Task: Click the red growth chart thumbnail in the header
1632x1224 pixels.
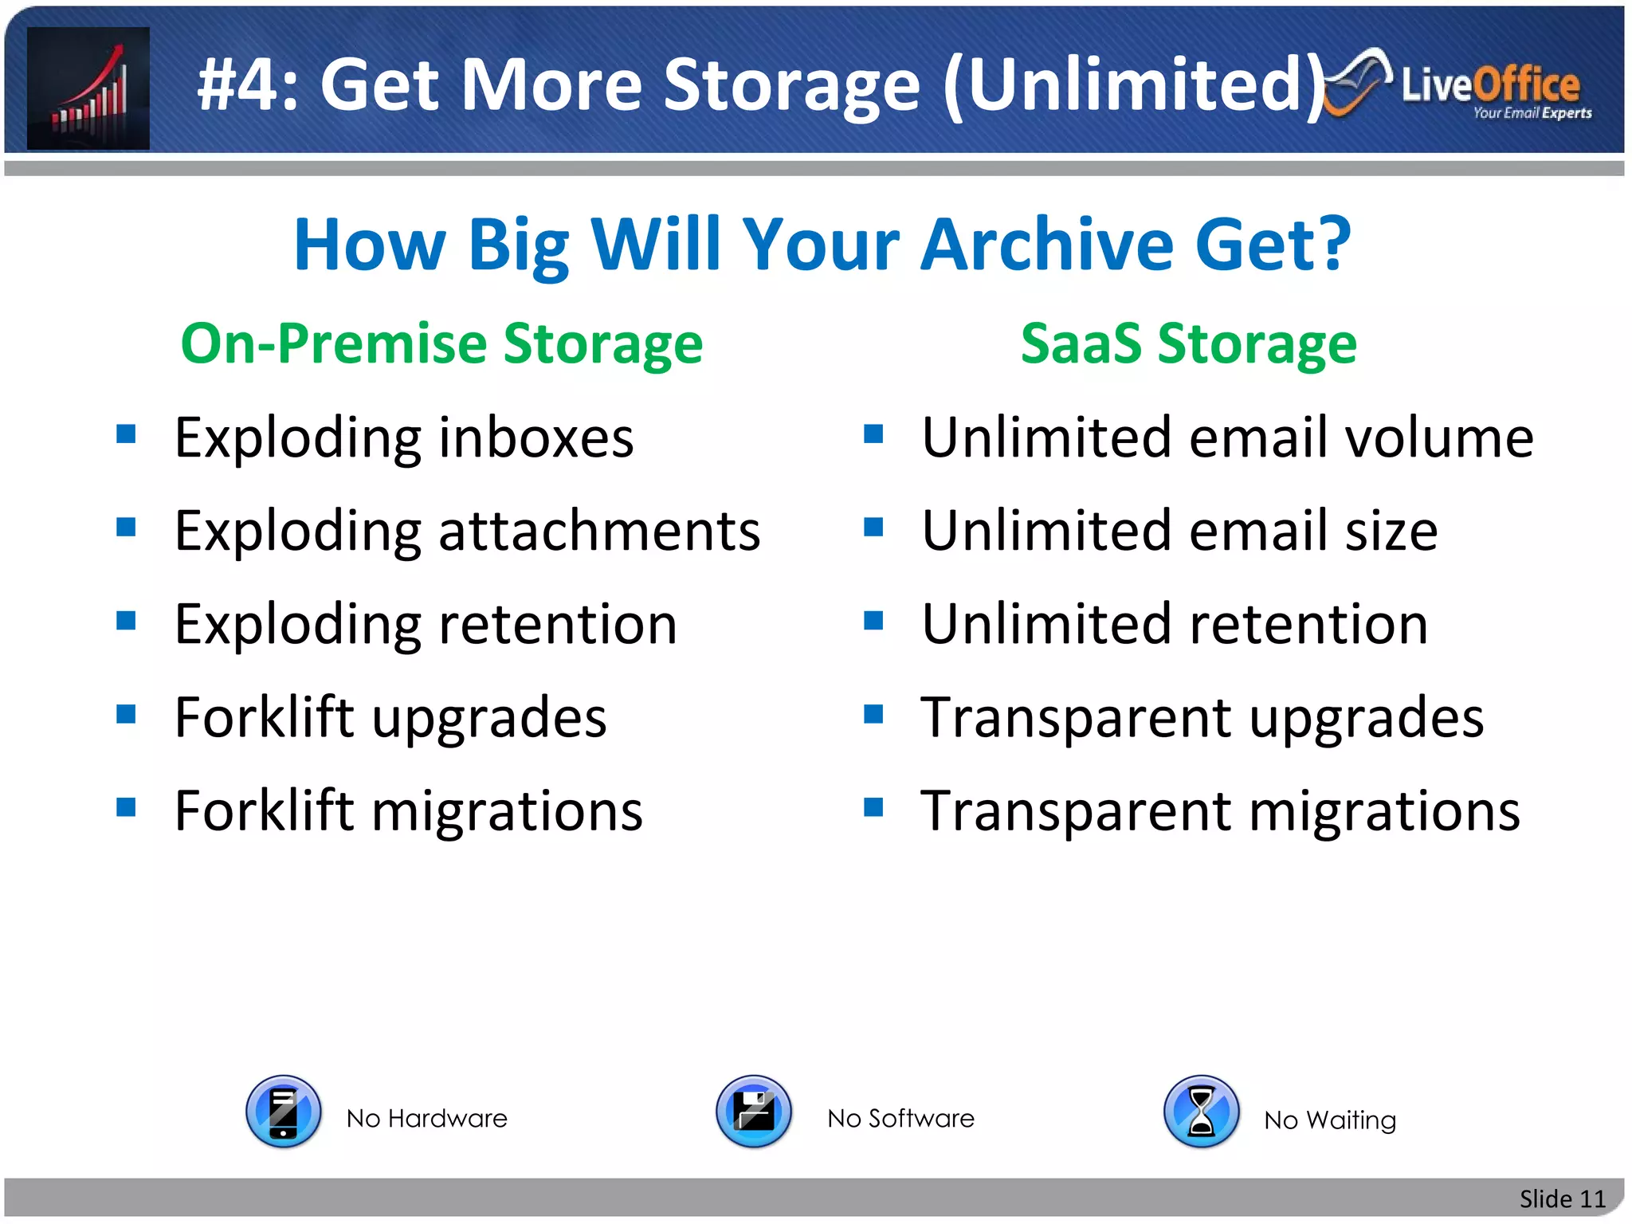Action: [88, 88]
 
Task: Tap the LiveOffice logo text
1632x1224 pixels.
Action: [1490, 86]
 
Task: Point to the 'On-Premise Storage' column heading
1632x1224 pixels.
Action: [441, 343]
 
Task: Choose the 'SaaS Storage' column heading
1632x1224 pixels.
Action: [1188, 343]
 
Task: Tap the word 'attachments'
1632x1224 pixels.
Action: [599, 532]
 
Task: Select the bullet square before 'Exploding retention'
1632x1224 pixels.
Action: [126, 620]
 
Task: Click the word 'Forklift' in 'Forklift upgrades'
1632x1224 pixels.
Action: [264, 717]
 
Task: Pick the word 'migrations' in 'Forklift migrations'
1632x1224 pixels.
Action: [508, 811]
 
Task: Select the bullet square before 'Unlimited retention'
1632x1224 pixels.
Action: [873, 620]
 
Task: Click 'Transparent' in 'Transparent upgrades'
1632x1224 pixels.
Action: [1076, 717]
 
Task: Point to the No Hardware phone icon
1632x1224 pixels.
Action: [284, 1111]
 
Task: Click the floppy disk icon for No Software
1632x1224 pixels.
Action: [754, 1111]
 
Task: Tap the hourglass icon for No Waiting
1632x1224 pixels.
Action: [1201, 1111]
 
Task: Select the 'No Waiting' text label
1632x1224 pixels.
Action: [1329, 1120]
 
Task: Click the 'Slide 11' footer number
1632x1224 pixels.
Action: [1562, 1198]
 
